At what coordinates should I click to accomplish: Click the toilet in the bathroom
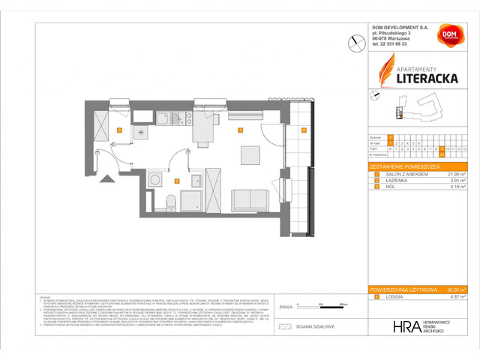point(172,201)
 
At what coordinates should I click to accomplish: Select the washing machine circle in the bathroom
point(154,181)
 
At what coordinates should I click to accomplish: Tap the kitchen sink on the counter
point(162,117)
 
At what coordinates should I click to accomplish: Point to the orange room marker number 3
point(119,130)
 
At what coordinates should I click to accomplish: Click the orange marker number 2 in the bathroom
point(176,180)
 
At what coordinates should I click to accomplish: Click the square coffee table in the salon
point(251,154)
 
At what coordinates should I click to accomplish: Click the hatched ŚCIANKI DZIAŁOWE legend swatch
point(284,326)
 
